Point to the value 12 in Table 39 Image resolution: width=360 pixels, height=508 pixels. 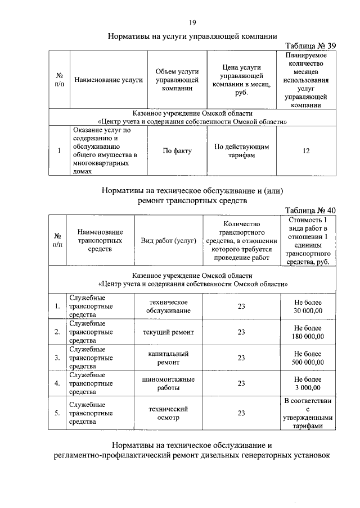click(306, 151)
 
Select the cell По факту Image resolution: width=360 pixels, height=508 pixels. click(177, 151)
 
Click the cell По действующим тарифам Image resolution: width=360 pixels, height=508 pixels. click(242, 151)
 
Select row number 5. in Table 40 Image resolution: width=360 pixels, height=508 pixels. click(57, 414)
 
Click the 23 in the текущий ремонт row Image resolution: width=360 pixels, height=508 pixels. click(241, 332)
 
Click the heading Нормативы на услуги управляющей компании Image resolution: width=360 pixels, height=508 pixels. click(192, 35)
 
